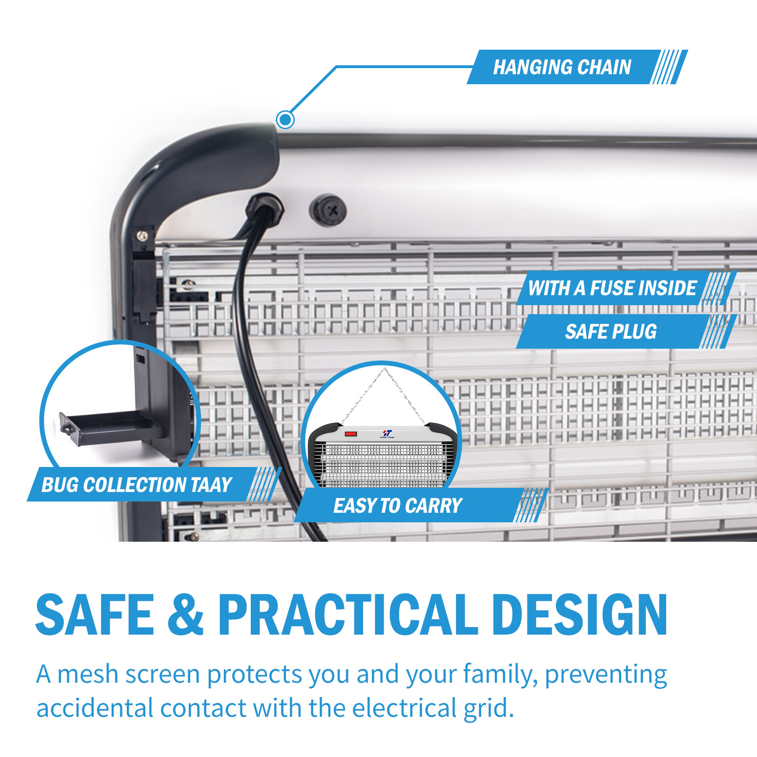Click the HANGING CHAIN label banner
coord(577,67)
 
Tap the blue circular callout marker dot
coord(285,119)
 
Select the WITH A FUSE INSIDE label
coord(626,288)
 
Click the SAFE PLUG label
coord(626,332)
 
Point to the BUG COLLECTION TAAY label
coord(154,484)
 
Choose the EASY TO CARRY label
coord(421,505)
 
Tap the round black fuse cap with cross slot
coord(327,210)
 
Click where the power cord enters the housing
coord(265,208)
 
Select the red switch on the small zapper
coord(351,433)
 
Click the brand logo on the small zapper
coord(387,433)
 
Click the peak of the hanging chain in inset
coord(385,369)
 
